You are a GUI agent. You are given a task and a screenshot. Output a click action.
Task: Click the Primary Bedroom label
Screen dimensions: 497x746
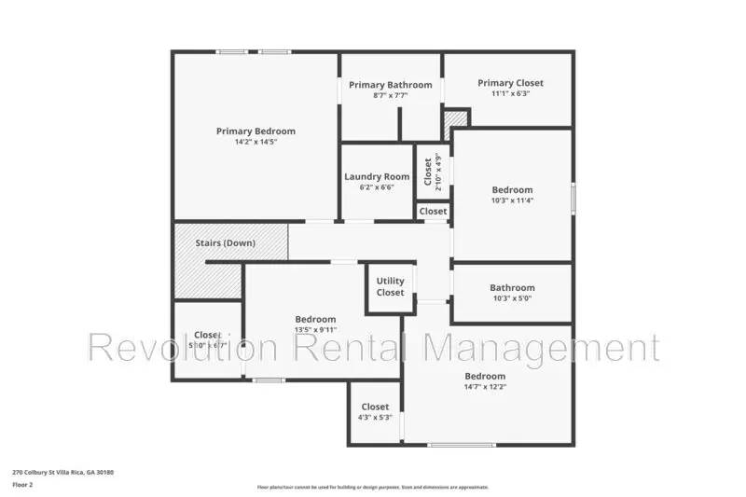tap(256, 131)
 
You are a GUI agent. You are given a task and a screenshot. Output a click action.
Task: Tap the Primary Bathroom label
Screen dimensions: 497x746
tap(391, 85)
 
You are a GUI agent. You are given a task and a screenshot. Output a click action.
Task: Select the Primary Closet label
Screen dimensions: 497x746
tap(510, 83)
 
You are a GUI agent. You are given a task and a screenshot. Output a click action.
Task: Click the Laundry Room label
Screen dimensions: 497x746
tap(377, 176)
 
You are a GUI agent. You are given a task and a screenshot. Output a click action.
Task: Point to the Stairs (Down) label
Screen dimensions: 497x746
tap(225, 243)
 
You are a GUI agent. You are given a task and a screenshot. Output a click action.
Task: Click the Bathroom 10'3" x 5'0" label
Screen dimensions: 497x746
tap(512, 288)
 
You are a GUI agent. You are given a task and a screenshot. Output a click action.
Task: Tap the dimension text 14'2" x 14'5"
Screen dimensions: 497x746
tap(256, 142)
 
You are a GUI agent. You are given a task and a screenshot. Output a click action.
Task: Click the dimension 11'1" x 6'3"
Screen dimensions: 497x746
tap(510, 93)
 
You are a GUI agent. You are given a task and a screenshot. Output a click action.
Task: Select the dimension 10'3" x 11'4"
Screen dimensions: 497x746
tap(512, 200)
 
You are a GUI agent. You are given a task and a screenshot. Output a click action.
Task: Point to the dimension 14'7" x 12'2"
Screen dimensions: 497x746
tap(485, 387)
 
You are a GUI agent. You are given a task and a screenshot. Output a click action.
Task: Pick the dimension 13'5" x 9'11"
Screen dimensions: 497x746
tap(315, 329)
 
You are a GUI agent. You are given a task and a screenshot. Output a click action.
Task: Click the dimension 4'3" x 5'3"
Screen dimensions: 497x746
tap(375, 417)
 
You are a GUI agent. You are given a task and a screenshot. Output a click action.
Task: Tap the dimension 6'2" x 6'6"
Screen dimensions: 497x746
tap(377, 186)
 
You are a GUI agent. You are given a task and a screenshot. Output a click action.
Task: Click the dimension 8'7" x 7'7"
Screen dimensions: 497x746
tap(391, 95)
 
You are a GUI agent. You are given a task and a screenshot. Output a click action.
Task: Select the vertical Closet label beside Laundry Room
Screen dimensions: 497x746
tap(428, 172)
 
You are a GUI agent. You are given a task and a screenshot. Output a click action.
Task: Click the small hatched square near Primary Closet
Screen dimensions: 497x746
tap(454, 121)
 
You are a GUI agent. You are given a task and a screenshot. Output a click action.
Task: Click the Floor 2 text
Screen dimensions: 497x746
tap(23, 485)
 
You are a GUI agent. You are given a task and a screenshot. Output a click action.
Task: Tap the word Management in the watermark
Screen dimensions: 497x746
tap(541, 347)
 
